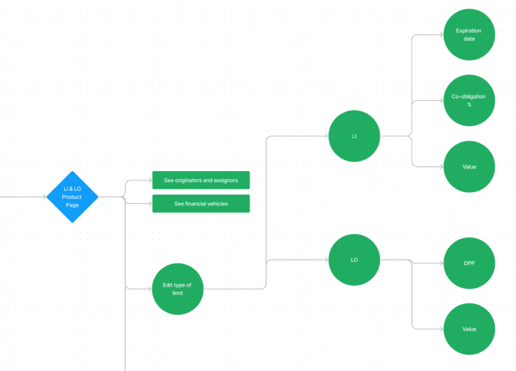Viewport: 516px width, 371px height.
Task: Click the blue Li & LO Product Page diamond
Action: [x=72, y=197]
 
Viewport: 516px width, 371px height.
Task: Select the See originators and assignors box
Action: [x=201, y=180]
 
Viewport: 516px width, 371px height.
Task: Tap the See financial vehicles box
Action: [x=201, y=203]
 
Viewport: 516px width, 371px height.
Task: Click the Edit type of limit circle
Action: [x=178, y=289]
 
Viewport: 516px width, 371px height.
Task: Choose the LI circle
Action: [x=354, y=136]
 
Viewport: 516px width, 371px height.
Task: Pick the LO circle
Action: [x=354, y=260]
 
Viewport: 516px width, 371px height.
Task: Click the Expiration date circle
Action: [x=469, y=35]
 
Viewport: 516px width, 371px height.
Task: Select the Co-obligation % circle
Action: [x=469, y=101]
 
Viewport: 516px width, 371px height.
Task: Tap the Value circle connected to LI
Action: [x=469, y=167]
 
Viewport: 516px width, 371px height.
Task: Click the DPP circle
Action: [x=469, y=263]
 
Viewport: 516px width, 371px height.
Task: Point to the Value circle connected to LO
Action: [x=469, y=329]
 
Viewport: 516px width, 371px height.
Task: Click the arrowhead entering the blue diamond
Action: [x=45, y=197]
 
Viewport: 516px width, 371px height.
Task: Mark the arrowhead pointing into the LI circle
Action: [x=326, y=136]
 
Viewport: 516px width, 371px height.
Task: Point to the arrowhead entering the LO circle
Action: [x=326, y=260]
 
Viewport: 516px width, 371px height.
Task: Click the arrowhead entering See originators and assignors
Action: [x=150, y=180]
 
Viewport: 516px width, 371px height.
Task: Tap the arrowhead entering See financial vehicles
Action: [x=150, y=203]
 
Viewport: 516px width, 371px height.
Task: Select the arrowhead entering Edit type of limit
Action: [x=150, y=289]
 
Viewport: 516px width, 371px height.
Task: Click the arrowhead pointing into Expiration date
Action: [x=442, y=35]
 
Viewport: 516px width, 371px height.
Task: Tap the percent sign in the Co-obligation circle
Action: [x=469, y=105]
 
